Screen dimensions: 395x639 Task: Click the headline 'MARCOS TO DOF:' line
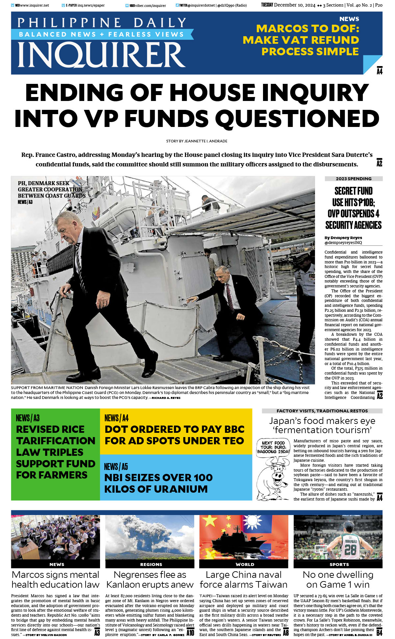click(x=307, y=29)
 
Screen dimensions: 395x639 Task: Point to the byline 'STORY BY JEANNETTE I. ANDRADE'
click(x=197, y=141)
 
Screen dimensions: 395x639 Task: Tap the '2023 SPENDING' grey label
click(x=354, y=179)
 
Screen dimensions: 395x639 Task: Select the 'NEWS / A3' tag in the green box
click(x=28, y=418)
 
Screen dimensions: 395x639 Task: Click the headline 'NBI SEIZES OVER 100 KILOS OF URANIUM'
click(x=158, y=483)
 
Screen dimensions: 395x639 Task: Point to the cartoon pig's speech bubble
click(x=274, y=447)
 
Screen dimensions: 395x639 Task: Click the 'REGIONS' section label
click(x=151, y=564)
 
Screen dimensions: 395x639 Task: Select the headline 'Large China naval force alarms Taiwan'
click(x=244, y=579)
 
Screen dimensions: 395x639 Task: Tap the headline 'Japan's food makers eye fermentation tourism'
click(x=322, y=425)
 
